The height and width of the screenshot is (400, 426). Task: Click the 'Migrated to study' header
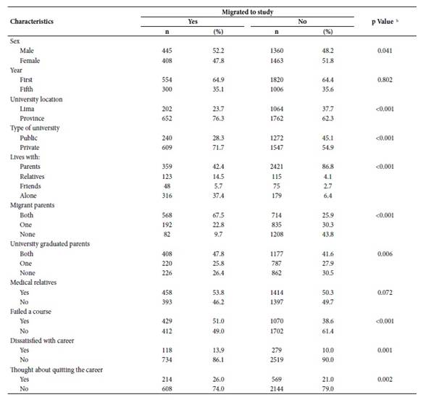pos(248,12)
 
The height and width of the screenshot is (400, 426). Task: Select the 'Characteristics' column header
pos(32,22)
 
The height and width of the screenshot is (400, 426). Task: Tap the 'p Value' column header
pos(383,22)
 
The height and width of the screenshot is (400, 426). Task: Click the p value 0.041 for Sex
pos(385,51)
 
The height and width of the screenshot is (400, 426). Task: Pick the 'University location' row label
pos(36,99)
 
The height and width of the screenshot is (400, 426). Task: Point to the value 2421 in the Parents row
pos(277,167)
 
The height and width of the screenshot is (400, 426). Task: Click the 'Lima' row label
pos(27,109)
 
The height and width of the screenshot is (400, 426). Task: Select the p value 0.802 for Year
pos(385,80)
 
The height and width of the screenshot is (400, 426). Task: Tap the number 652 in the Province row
pos(167,119)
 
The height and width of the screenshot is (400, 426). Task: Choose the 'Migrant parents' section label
pos(33,205)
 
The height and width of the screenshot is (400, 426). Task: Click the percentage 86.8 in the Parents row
pos(327,167)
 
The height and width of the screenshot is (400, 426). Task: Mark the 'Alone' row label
pos(28,196)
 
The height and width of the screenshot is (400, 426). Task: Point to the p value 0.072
pos(385,293)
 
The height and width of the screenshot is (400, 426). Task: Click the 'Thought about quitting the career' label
pos(57,370)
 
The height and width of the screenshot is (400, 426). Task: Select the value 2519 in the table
pos(277,359)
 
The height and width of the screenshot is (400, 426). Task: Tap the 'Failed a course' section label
pos(30,312)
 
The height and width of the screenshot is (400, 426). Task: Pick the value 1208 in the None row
pos(277,234)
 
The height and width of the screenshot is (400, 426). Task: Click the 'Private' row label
pos(30,148)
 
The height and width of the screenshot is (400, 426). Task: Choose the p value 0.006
pos(385,254)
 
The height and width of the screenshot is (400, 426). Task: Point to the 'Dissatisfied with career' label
pos(42,341)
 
